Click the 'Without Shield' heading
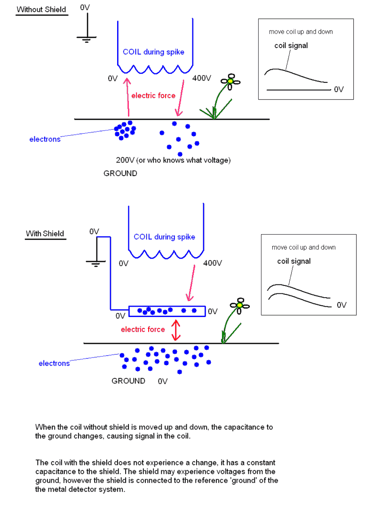41,9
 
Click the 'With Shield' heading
45,234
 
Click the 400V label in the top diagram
202,78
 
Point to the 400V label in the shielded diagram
213,263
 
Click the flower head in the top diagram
230,81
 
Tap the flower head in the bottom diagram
239,305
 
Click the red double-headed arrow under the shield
176,330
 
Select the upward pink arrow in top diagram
127,97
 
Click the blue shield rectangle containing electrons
167,311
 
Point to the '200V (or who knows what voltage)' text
173,160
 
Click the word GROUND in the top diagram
120,173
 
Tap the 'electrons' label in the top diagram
45,139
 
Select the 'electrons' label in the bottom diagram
54,363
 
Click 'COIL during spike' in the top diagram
154,52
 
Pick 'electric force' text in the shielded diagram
143,329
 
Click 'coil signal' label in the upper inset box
291,46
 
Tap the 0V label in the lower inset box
342,305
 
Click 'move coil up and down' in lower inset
303,247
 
